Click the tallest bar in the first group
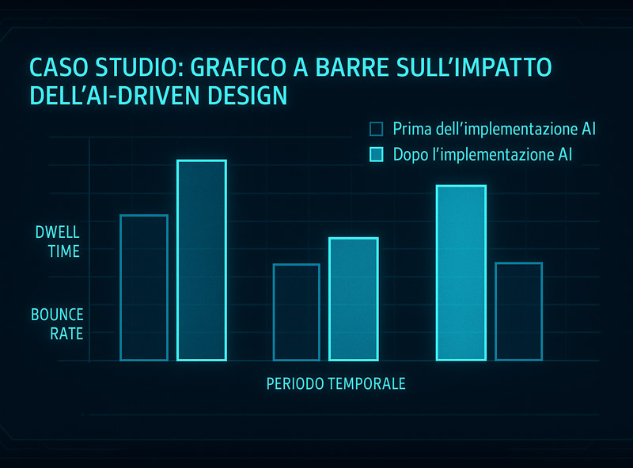[202, 260]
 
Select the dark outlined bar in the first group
[144, 288]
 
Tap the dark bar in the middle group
[297, 312]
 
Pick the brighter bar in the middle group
[354, 299]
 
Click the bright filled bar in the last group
[461, 273]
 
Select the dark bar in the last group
[519, 311]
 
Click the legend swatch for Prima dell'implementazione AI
[377, 129]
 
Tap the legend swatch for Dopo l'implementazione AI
[377, 154]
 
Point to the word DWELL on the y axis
[57, 232]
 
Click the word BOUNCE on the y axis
[57, 315]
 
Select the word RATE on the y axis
[66, 334]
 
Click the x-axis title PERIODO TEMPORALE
[335, 383]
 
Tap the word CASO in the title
[59, 67]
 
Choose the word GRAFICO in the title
[238, 67]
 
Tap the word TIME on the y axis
[64, 251]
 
